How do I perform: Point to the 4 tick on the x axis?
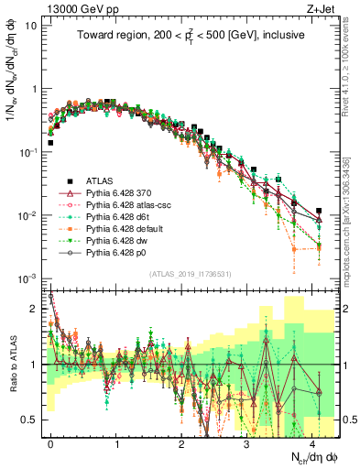[311, 441]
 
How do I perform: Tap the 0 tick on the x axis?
[50, 441]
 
